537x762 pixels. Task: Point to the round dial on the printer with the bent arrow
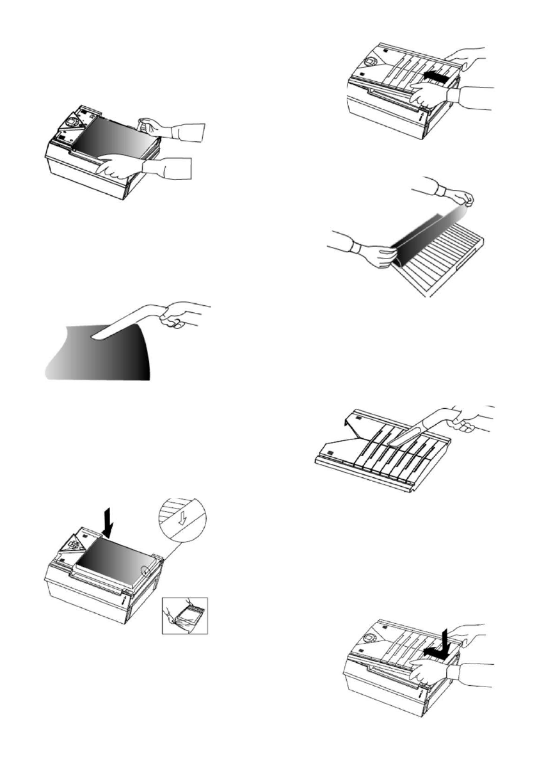(x=369, y=637)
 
